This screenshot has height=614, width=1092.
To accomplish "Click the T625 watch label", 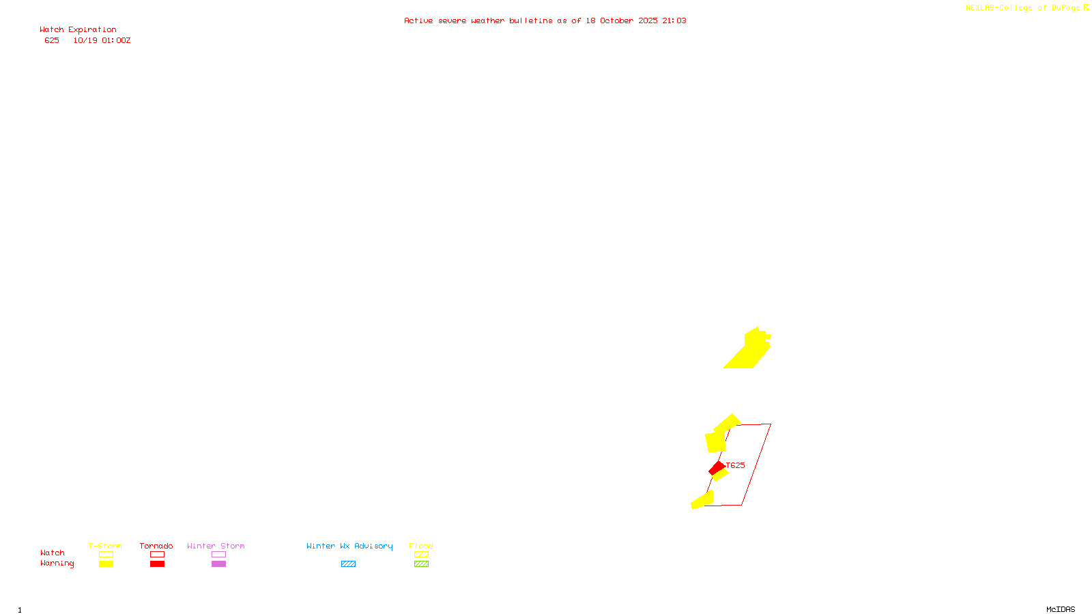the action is [736, 465].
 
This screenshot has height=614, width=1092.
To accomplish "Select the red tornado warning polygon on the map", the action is [717, 468].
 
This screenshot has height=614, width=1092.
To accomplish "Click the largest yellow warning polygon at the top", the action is [749, 350].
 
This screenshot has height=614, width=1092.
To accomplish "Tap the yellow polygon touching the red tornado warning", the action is [721, 474].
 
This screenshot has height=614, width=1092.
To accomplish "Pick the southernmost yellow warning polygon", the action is [702, 501].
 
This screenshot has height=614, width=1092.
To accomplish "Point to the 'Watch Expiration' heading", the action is [78, 30].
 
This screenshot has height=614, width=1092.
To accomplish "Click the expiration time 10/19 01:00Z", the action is [102, 41].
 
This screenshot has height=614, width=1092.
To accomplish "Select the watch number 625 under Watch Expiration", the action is [52, 41].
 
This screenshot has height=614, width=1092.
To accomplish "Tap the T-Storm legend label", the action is [105, 546].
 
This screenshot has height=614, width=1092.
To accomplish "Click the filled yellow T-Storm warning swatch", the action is [106, 564].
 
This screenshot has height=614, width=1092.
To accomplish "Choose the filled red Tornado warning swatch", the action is [157, 564].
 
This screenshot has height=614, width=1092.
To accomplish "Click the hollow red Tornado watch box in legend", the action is [157, 555].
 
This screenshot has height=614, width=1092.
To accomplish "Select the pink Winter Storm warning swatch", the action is [218, 564].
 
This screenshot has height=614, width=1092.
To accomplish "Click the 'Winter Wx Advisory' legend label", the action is [349, 546].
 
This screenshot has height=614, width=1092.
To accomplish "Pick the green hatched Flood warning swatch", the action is [421, 564].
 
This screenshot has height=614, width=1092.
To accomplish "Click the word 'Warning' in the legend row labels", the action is [57, 564].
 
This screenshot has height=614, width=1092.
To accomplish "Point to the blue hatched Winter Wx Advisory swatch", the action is [348, 564].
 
